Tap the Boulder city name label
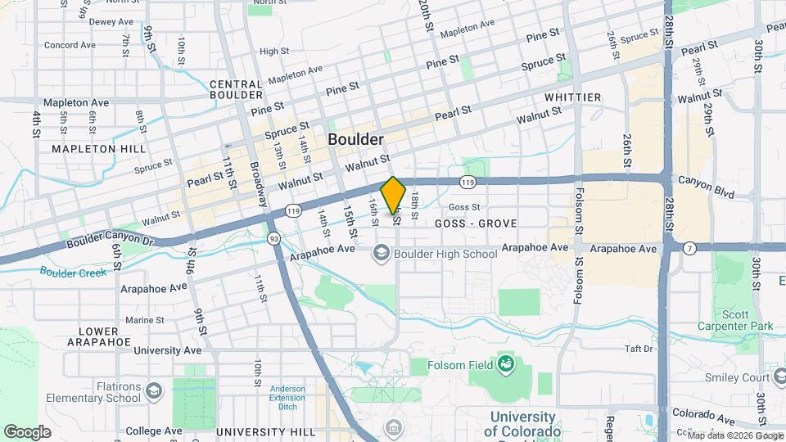[356, 139]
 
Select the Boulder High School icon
[381, 254]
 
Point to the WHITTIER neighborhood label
[572, 97]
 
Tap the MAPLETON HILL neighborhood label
[98, 149]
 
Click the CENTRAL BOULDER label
[236, 89]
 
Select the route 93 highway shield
[273, 238]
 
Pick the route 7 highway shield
[690, 246]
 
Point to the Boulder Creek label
[72, 272]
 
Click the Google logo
[27, 431]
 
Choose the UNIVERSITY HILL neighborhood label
[265, 431]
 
